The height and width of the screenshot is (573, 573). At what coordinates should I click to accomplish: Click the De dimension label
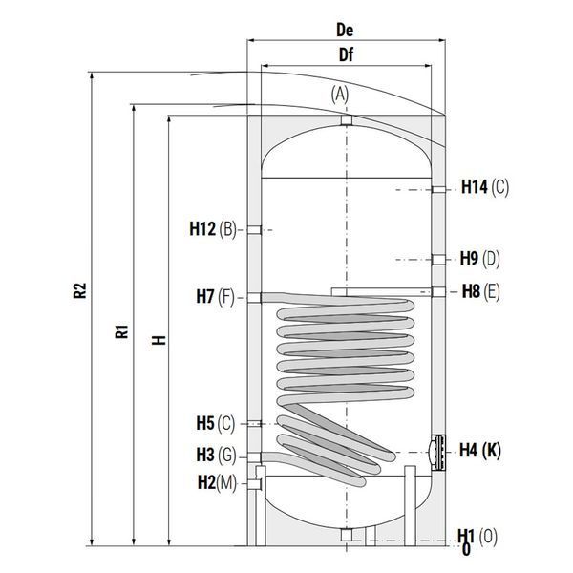(345, 30)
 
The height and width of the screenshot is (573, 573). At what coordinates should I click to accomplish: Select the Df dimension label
(346, 54)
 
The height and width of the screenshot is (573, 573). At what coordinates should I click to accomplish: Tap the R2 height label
(79, 290)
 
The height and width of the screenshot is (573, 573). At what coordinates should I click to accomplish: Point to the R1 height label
(122, 331)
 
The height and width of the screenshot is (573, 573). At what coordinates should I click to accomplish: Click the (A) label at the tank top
(340, 95)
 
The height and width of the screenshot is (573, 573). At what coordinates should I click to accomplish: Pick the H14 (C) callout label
(485, 187)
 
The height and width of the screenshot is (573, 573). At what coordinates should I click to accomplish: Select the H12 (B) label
(213, 229)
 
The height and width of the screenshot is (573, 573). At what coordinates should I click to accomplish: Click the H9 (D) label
(479, 259)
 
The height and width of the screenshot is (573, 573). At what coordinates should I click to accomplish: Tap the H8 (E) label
(480, 291)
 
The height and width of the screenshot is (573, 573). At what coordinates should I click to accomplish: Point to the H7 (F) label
(216, 296)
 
